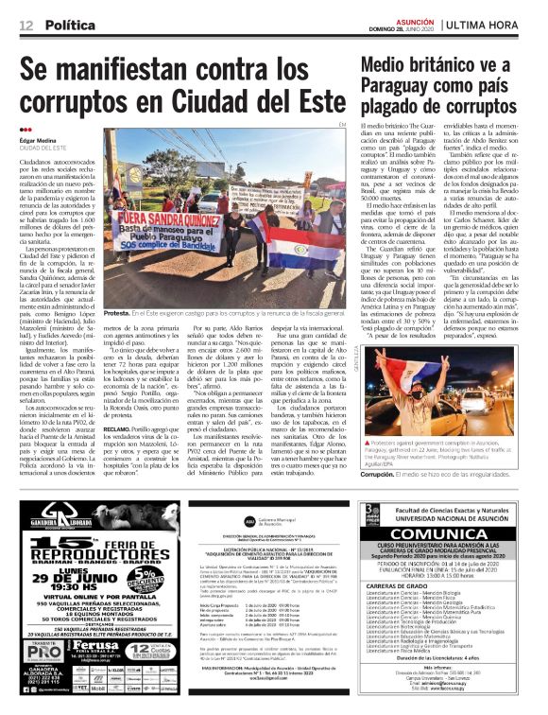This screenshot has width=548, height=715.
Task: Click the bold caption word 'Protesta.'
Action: (120, 311)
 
